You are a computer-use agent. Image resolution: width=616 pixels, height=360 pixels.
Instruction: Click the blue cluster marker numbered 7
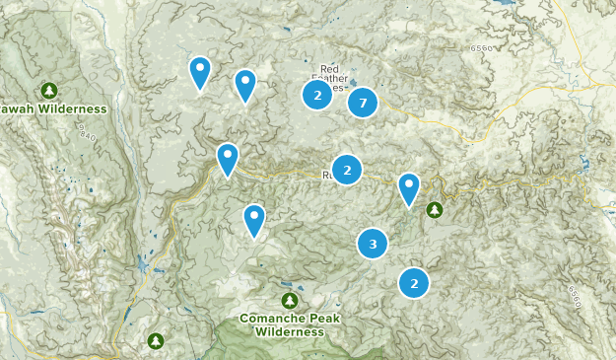(x=363, y=102)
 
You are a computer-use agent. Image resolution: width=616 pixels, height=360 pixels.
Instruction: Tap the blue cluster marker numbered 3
(x=372, y=244)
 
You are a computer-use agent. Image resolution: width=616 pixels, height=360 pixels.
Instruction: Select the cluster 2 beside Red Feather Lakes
(x=316, y=95)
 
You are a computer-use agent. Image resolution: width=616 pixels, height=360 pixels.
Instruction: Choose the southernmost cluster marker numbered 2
(x=414, y=283)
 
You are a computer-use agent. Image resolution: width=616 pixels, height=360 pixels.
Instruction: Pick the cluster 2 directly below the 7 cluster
(x=346, y=170)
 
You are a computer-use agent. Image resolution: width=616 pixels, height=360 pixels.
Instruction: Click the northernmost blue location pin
(x=200, y=72)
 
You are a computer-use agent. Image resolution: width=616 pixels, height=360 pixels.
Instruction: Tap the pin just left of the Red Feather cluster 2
(x=245, y=86)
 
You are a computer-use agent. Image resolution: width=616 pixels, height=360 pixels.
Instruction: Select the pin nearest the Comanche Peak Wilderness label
(x=254, y=220)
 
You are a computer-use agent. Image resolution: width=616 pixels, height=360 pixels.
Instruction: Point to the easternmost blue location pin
(x=408, y=188)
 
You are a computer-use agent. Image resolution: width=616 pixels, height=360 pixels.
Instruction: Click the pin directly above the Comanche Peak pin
(x=228, y=159)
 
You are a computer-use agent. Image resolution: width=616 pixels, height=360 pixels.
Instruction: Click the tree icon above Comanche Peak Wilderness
(x=289, y=300)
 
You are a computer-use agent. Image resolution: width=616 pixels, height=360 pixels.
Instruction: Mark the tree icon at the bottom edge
(x=156, y=341)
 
